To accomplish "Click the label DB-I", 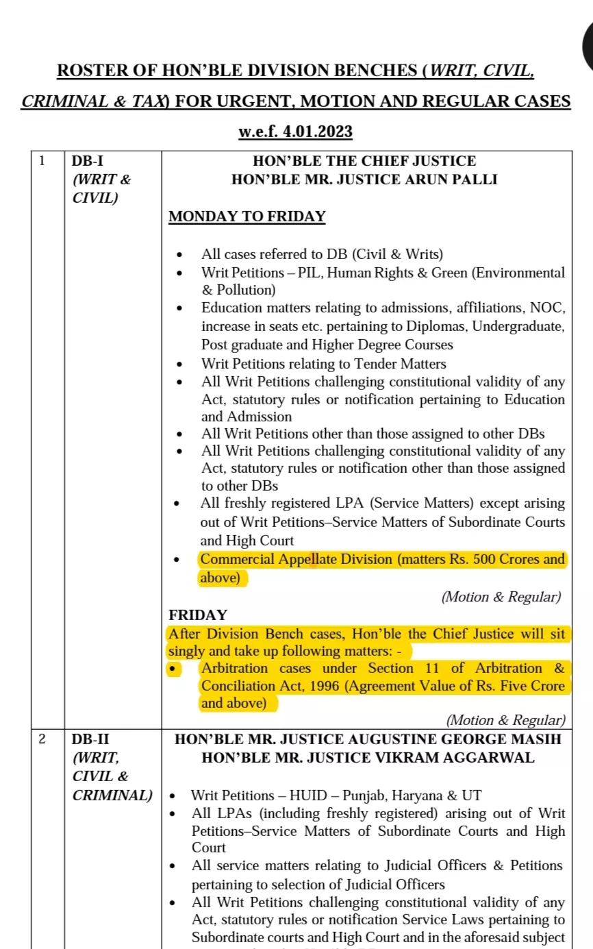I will tap(87, 162).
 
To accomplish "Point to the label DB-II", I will tap(90, 739).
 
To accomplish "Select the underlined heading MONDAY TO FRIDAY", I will tap(247, 217).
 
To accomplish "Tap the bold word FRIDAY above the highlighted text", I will tap(198, 615).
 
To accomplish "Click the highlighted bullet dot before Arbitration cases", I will tap(173, 669).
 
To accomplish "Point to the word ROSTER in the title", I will tap(87, 71).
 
